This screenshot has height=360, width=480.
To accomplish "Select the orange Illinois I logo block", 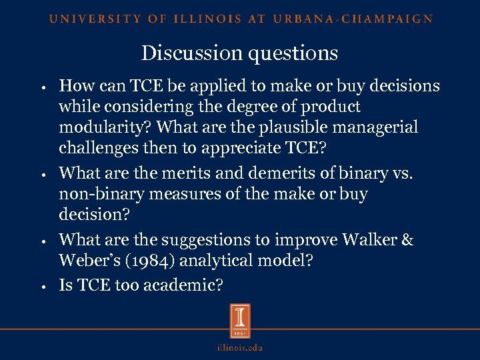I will [240, 321].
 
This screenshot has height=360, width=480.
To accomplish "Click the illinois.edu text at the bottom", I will [240, 347].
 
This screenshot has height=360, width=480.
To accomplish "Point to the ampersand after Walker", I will [406, 239].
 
